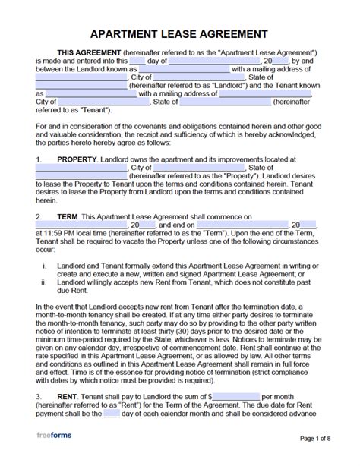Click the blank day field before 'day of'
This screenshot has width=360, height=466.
click(x=137, y=60)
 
